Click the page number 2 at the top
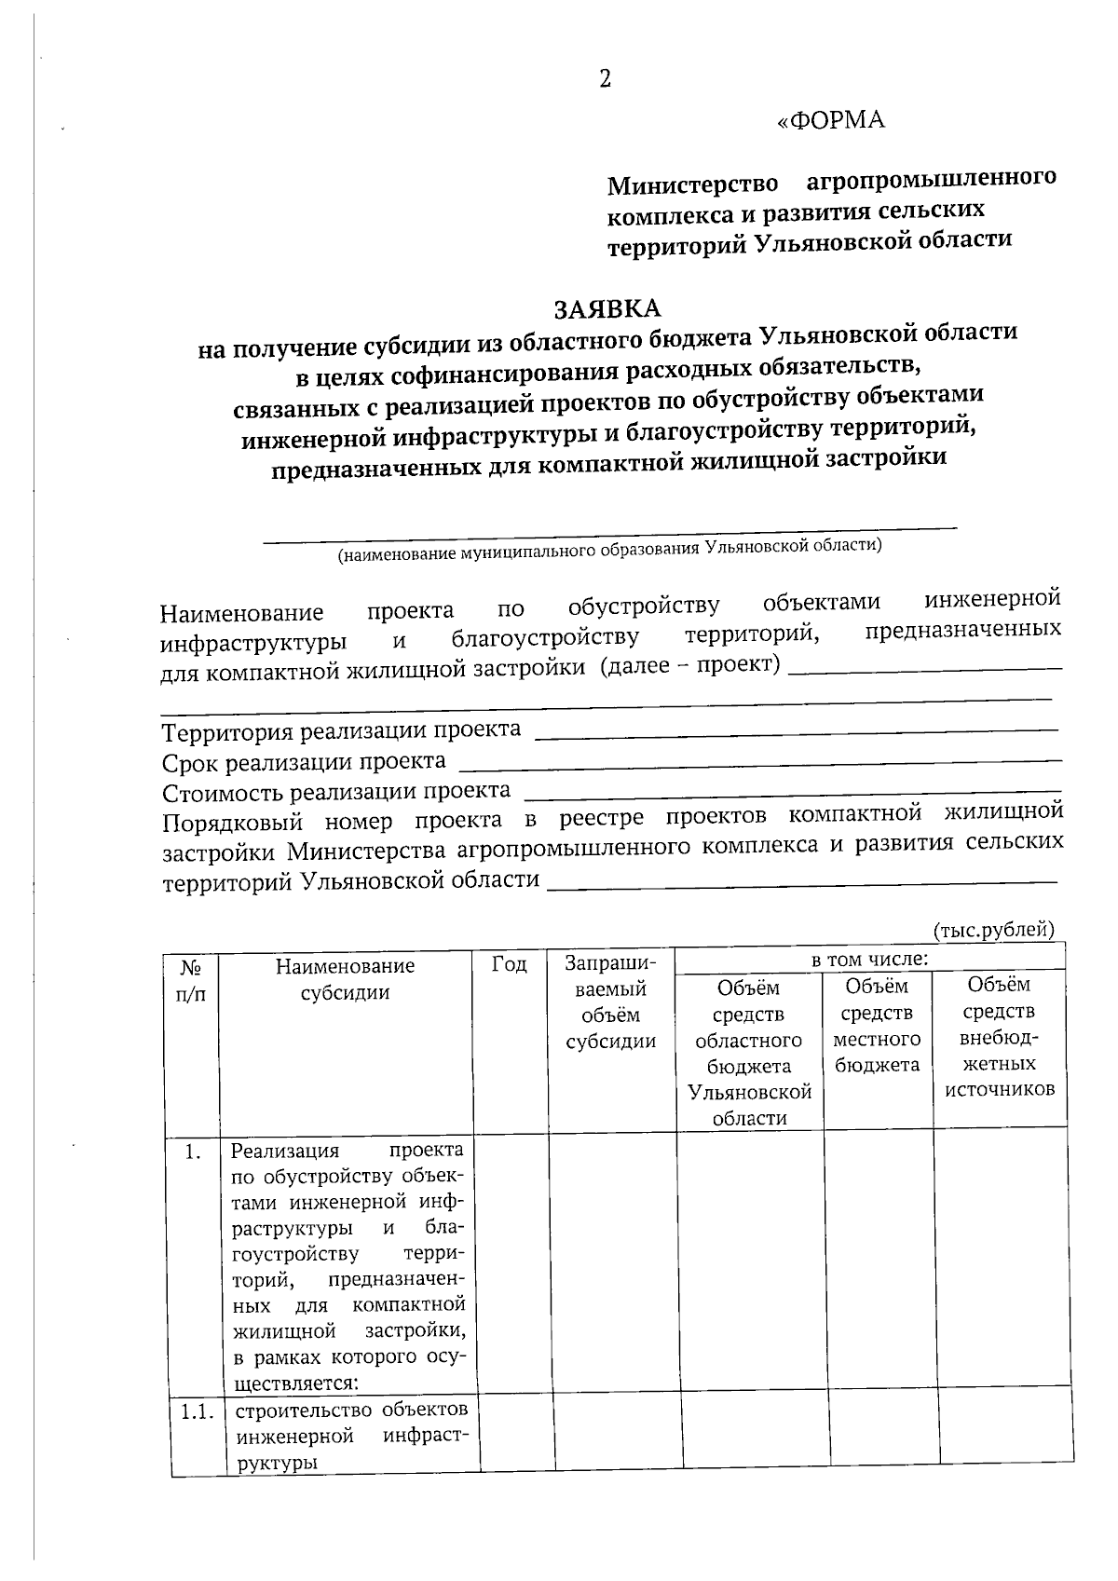click(x=605, y=80)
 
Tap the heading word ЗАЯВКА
click(x=607, y=308)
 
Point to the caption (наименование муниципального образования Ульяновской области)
click(x=609, y=551)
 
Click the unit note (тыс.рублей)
click(x=993, y=929)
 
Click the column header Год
click(x=509, y=964)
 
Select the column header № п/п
click(x=191, y=980)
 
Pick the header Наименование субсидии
click(x=345, y=979)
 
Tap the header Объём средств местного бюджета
click(x=877, y=1025)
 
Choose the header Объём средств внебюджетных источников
click(x=1000, y=1036)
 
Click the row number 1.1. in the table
click(x=197, y=1411)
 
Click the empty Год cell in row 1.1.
click(x=517, y=1434)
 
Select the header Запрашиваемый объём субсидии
click(x=611, y=1002)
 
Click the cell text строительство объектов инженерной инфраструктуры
click(x=348, y=1436)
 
